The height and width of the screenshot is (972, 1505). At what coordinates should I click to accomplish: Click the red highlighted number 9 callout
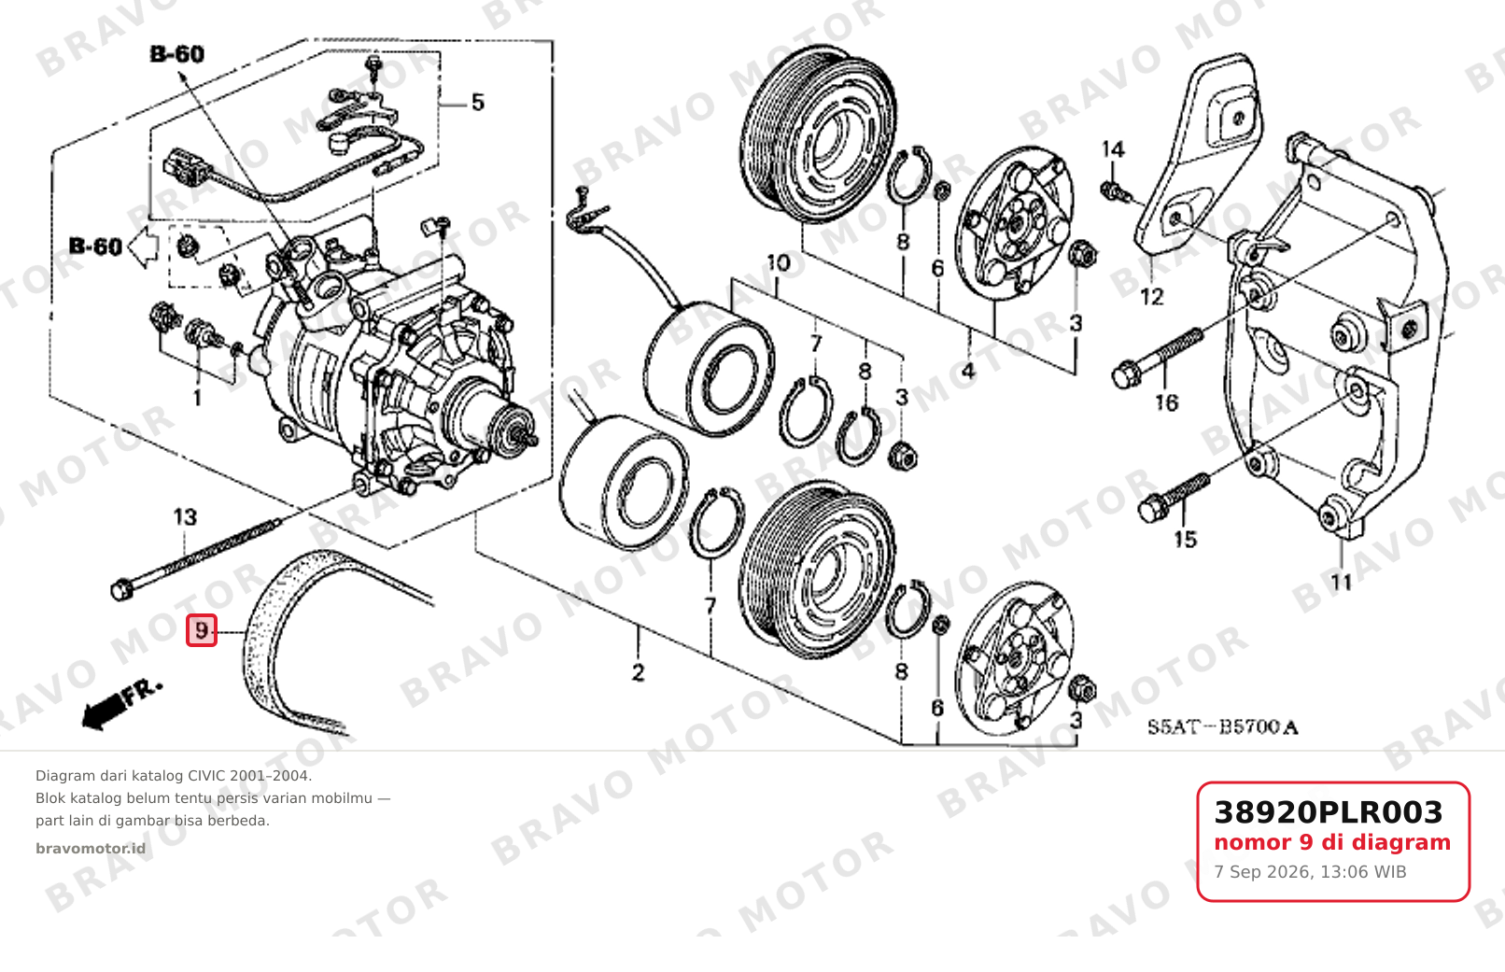point(202,631)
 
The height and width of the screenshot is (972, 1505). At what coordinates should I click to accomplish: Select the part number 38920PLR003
point(1329,812)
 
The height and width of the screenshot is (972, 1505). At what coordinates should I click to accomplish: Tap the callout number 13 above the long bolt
point(185,517)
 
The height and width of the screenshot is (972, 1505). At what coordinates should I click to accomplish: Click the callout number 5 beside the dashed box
point(478,103)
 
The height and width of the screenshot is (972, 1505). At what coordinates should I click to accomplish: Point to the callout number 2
point(638,672)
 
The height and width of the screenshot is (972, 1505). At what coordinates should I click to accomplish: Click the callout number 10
point(779,263)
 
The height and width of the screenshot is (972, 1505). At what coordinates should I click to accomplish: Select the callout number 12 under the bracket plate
point(1151,297)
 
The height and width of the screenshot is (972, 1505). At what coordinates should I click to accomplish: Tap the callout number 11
point(1341,583)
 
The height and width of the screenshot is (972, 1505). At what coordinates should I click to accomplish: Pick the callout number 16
point(1166,403)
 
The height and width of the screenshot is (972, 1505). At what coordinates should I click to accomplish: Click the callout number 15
point(1185,540)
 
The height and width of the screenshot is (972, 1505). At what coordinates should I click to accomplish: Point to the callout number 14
point(1113,149)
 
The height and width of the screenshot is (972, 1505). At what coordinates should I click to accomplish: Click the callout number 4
point(968,371)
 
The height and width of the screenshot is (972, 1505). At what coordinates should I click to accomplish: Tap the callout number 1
point(197,399)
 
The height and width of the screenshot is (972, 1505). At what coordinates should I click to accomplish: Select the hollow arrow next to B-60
point(143,247)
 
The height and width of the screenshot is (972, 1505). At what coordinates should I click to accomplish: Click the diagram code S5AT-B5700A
point(1222,727)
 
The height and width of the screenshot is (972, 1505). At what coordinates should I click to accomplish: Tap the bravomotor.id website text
point(91,849)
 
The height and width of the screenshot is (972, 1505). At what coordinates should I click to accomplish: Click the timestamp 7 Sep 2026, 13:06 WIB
point(1310,872)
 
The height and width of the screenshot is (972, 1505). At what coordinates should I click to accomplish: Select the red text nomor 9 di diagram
point(1331,843)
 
